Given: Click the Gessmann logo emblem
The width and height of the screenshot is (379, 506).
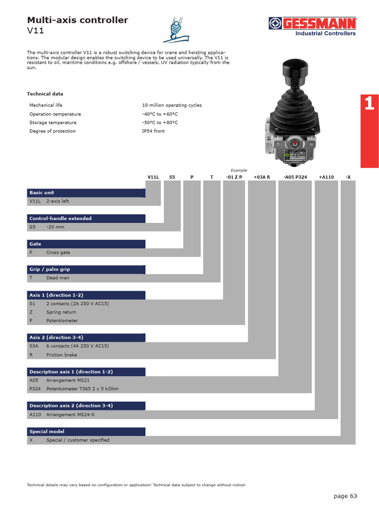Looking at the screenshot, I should pos(275,23).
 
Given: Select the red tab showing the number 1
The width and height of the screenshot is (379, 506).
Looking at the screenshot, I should pos(369,104).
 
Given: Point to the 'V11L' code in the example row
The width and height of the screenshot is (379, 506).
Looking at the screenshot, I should pos(153,176).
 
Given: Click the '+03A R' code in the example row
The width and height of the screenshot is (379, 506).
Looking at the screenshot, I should pos(262,176).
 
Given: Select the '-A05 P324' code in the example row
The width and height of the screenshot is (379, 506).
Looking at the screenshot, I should pos(295,176).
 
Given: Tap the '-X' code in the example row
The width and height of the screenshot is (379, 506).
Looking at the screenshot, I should pos(348,176).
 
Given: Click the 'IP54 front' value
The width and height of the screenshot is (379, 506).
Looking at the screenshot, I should pos(153,131).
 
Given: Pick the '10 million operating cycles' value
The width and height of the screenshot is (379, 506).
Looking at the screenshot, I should pos(172,105).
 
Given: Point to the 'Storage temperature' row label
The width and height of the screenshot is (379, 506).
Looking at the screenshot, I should pos(53,123).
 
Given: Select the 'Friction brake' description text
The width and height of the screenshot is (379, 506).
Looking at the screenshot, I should pos(62,355).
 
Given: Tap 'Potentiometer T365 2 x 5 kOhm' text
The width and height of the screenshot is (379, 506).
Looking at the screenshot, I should pos(82,389).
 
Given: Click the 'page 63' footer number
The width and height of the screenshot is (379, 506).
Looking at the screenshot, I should pos(345,496).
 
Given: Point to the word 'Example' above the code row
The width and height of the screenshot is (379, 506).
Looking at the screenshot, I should pos(239,170).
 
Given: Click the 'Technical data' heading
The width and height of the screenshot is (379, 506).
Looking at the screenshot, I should pos(45,94).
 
